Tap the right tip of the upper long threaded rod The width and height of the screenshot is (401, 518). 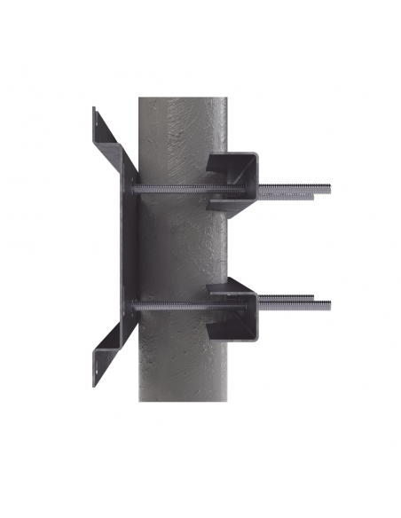(x=330, y=187)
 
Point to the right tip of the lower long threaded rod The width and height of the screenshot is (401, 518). (x=329, y=305)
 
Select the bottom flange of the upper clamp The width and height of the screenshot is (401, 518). (x=232, y=206)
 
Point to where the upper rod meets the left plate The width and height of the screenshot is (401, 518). (x=135, y=188)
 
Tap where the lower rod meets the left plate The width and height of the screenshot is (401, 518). (x=135, y=305)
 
